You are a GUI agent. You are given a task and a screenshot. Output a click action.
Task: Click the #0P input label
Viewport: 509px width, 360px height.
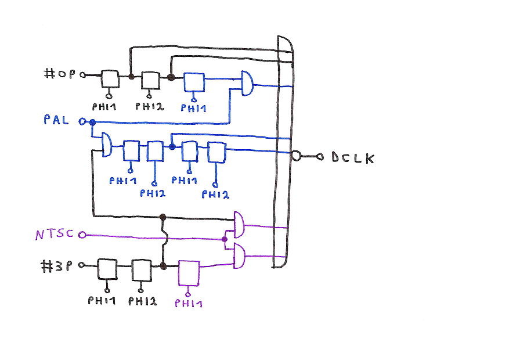pyautogui.click(x=60, y=74)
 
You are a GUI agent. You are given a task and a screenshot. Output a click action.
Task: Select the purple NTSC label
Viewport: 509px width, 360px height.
pyautogui.click(x=54, y=235)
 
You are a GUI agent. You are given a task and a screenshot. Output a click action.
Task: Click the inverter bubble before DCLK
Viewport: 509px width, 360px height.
pyautogui.click(x=297, y=156)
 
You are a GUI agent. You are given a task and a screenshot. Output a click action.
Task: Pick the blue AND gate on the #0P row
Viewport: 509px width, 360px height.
pyautogui.click(x=247, y=83)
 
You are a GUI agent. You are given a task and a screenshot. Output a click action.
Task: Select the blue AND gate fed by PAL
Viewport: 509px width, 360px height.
pyautogui.click(x=107, y=144)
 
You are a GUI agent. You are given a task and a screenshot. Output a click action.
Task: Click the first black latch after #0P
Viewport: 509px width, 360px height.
pyautogui.click(x=110, y=80)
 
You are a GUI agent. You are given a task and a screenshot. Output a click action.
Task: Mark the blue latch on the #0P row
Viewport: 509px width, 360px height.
pyautogui.click(x=194, y=82)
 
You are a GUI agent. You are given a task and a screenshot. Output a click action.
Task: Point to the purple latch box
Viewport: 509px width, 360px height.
pyautogui.click(x=189, y=273)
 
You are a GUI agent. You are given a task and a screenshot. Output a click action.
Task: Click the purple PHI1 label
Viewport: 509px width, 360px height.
pyautogui.click(x=188, y=303)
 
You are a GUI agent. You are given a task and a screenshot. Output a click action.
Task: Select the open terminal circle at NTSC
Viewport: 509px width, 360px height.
pyautogui.click(x=82, y=235)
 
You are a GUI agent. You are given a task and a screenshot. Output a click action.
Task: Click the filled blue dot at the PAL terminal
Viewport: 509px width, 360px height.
pyautogui.click(x=92, y=122)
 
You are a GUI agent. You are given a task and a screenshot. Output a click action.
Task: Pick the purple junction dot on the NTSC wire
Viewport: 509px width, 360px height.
pyautogui.click(x=224, y=239)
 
